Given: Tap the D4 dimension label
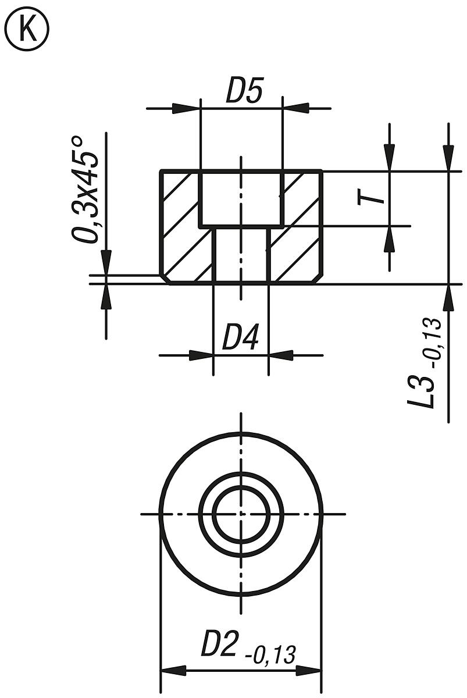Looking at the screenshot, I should (240, 339).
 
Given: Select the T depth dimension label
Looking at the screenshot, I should (372, 198).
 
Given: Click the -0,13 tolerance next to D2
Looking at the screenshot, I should (270, 654).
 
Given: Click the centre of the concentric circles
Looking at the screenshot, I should (241, 514).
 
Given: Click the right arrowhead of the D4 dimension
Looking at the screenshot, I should (280, 355).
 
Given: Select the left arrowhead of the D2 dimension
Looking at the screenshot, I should (173, 671).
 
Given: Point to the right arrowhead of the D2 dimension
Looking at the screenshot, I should (309, 671).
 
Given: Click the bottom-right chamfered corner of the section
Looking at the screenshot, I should (318, 279).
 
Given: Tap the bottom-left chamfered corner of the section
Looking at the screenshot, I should (165, 279).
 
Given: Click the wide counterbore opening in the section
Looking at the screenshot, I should (241, 198).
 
